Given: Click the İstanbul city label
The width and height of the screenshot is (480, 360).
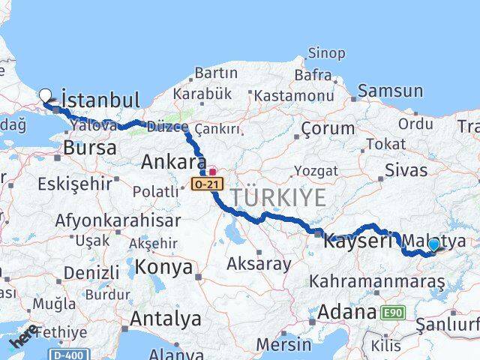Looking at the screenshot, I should point(100,100).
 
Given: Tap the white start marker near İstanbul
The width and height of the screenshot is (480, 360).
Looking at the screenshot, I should point(46,96).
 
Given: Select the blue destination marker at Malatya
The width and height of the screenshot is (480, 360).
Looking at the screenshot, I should point(433,244).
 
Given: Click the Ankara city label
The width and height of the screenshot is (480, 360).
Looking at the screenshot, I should point(173,163).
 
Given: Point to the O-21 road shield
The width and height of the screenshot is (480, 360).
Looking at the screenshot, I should point(206,183).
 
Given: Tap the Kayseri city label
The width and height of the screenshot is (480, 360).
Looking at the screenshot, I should point(358,241).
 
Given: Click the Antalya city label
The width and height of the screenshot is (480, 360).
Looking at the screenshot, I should point(166,318).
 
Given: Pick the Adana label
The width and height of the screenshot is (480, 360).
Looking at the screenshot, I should point(346,312).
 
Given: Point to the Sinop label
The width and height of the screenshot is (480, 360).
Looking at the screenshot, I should point(327,53).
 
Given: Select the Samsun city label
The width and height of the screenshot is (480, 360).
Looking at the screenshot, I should point(391,91).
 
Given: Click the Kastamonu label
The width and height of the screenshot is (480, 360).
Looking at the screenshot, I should point(294,95).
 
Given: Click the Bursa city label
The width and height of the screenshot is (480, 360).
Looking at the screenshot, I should point(90,148).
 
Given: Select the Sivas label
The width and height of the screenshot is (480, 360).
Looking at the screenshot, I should point(406,169).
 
